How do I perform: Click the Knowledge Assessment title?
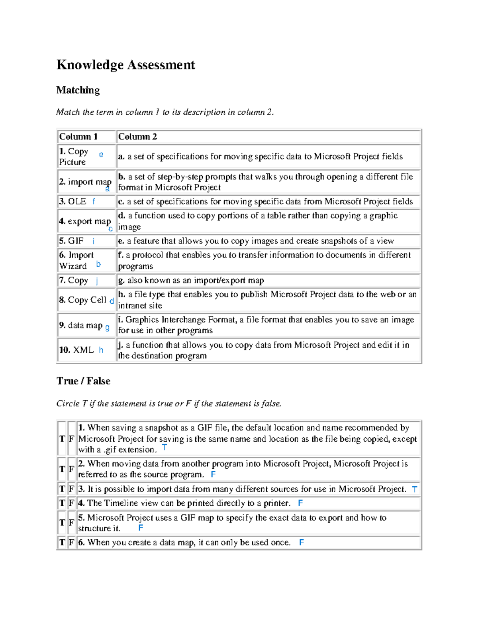(125, 65)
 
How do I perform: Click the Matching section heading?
(78, 90)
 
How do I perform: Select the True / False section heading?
(83, 381)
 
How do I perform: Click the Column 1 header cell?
(78, 137)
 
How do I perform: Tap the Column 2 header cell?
(137, 137)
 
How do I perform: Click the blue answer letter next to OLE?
(94, 202)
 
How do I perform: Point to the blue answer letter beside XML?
(101, 350)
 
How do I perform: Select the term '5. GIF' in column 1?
(72, 241)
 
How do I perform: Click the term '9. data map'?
(81, 325)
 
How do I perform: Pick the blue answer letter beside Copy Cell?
(112, 301)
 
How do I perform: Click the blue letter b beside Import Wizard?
(98, 264)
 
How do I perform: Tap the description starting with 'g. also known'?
(191, 280)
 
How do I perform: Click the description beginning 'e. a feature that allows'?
(256, 241)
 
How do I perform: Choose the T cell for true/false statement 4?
(62, 503)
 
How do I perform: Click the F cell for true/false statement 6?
(71, 542)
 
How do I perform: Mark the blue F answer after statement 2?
(213, 474)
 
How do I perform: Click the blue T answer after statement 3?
(415, 489)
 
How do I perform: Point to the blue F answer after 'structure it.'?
(141, 528)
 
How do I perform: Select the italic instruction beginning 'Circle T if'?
(169, 404)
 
